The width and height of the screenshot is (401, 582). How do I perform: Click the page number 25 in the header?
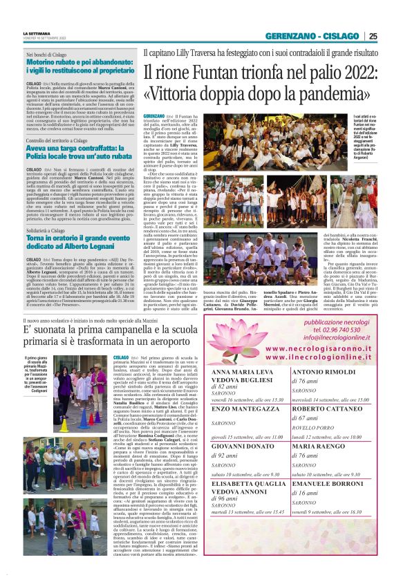(x=373, y=36)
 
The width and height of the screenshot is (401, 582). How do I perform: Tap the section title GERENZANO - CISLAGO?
(x=313, y=36)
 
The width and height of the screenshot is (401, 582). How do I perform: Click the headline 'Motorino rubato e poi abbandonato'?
(x=80, y=66)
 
